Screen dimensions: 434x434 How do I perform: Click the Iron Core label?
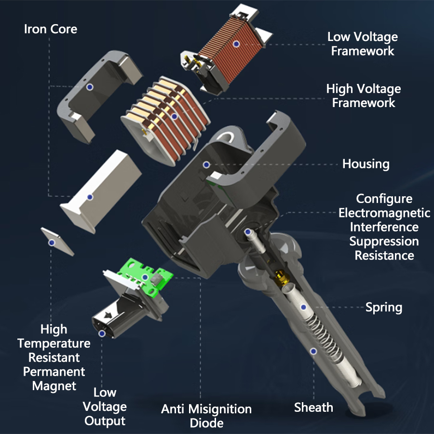click(51, 29)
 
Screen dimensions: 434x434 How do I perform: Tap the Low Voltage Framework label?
click(363, 44)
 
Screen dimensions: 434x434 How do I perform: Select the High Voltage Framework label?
click(364, 96)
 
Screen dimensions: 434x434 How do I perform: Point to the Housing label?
click(366, 164)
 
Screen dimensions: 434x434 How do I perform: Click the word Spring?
click(384, 308)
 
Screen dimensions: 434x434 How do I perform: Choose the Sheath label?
click(313, 407)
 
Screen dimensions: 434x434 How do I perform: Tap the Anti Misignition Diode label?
click(206, 416)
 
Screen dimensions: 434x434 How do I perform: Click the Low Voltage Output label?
click(105, 407)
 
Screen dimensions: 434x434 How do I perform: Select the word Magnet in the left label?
click(54, 386)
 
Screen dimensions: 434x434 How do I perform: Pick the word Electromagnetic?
click(384, 213)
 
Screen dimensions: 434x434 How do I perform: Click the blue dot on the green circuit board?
click(145, 277)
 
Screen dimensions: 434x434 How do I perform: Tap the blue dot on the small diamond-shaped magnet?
click(52, 243)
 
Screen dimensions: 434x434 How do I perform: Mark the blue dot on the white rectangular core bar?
click(90, 197)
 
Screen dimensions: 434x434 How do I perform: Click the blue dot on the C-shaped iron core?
click(89, 87)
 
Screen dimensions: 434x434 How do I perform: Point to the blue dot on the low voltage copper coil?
click(236, 44)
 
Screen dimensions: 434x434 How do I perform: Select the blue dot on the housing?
click(206, 165)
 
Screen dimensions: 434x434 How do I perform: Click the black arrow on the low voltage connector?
click(108, 315)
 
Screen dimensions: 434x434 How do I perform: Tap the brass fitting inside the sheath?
click(281, 278)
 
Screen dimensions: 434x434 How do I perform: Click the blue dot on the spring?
click(303, 307)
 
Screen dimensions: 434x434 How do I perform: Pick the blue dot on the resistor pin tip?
click(248, 232)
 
